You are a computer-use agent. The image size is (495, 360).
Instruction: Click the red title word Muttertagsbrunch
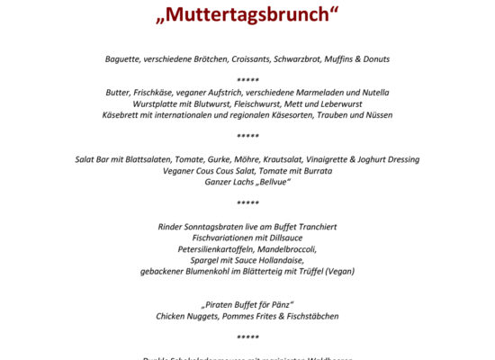click(247, 15)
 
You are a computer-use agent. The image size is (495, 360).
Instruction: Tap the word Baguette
click(123, 59)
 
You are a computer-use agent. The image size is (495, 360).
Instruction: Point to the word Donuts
click(373, 59)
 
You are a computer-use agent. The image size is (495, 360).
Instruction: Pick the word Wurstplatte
click(157, 103)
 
